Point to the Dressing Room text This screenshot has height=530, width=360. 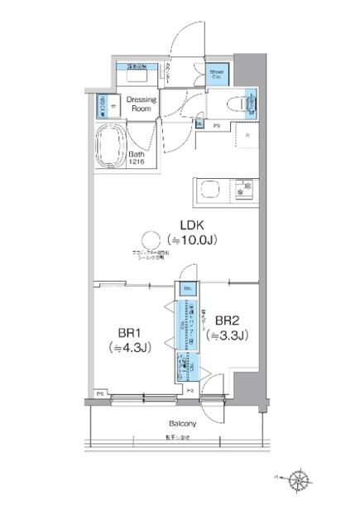[141, 104]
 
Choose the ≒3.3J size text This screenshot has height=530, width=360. [228, 335]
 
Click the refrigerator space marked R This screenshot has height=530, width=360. [246, 136]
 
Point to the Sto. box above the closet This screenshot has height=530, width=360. [187, 288]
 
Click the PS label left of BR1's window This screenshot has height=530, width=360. [99, 393]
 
